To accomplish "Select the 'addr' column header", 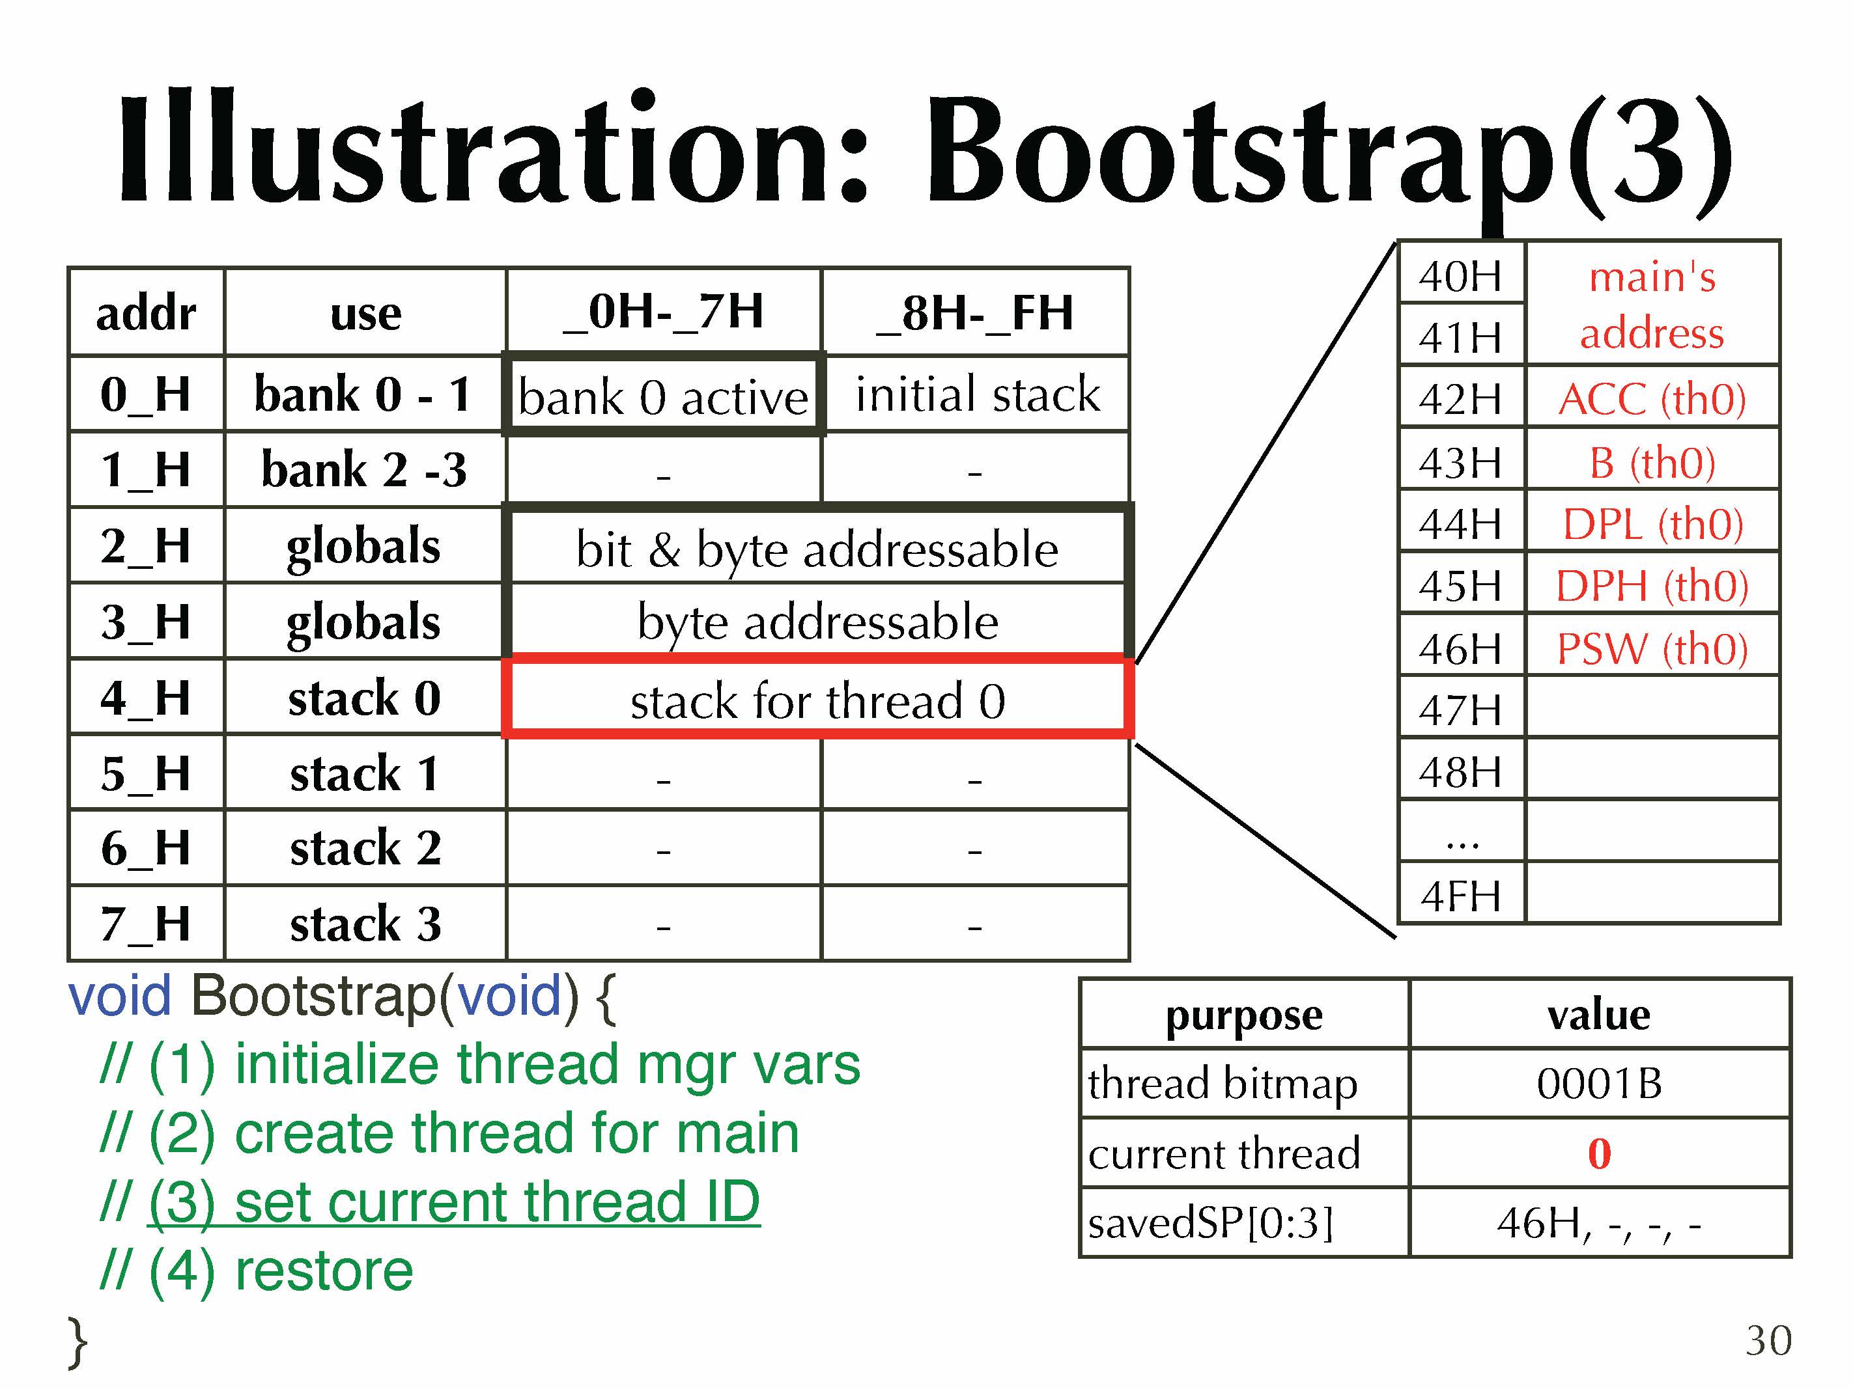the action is pyautogui.click(x=146, y=312).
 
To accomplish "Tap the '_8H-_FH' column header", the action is pyautogui.click(x=975, y=312).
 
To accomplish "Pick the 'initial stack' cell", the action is pyautogui.click(x=977, y=394).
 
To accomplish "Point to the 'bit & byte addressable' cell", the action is pyautogui.click(x=817, y=549).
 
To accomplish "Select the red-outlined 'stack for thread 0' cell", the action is pyautogui.click(x=817, y=698).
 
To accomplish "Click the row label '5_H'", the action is pyautogui.click(x=146, y=773).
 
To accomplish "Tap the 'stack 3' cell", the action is pyautogui.click(x=365, y=924).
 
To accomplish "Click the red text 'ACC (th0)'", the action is pyautogui.click(x=1652, y=398).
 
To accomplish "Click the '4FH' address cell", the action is pyautogui.click(x=1460, y=896).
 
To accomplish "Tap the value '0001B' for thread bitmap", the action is pyautogui.click(x=1598, y=1083).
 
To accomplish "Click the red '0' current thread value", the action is pyautogui.click(x=1599, y=1154).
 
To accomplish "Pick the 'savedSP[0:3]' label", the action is pyautogui.click(x=1209, y=1223).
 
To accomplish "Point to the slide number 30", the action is pyautogui.click(x=1768, y=1340).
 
